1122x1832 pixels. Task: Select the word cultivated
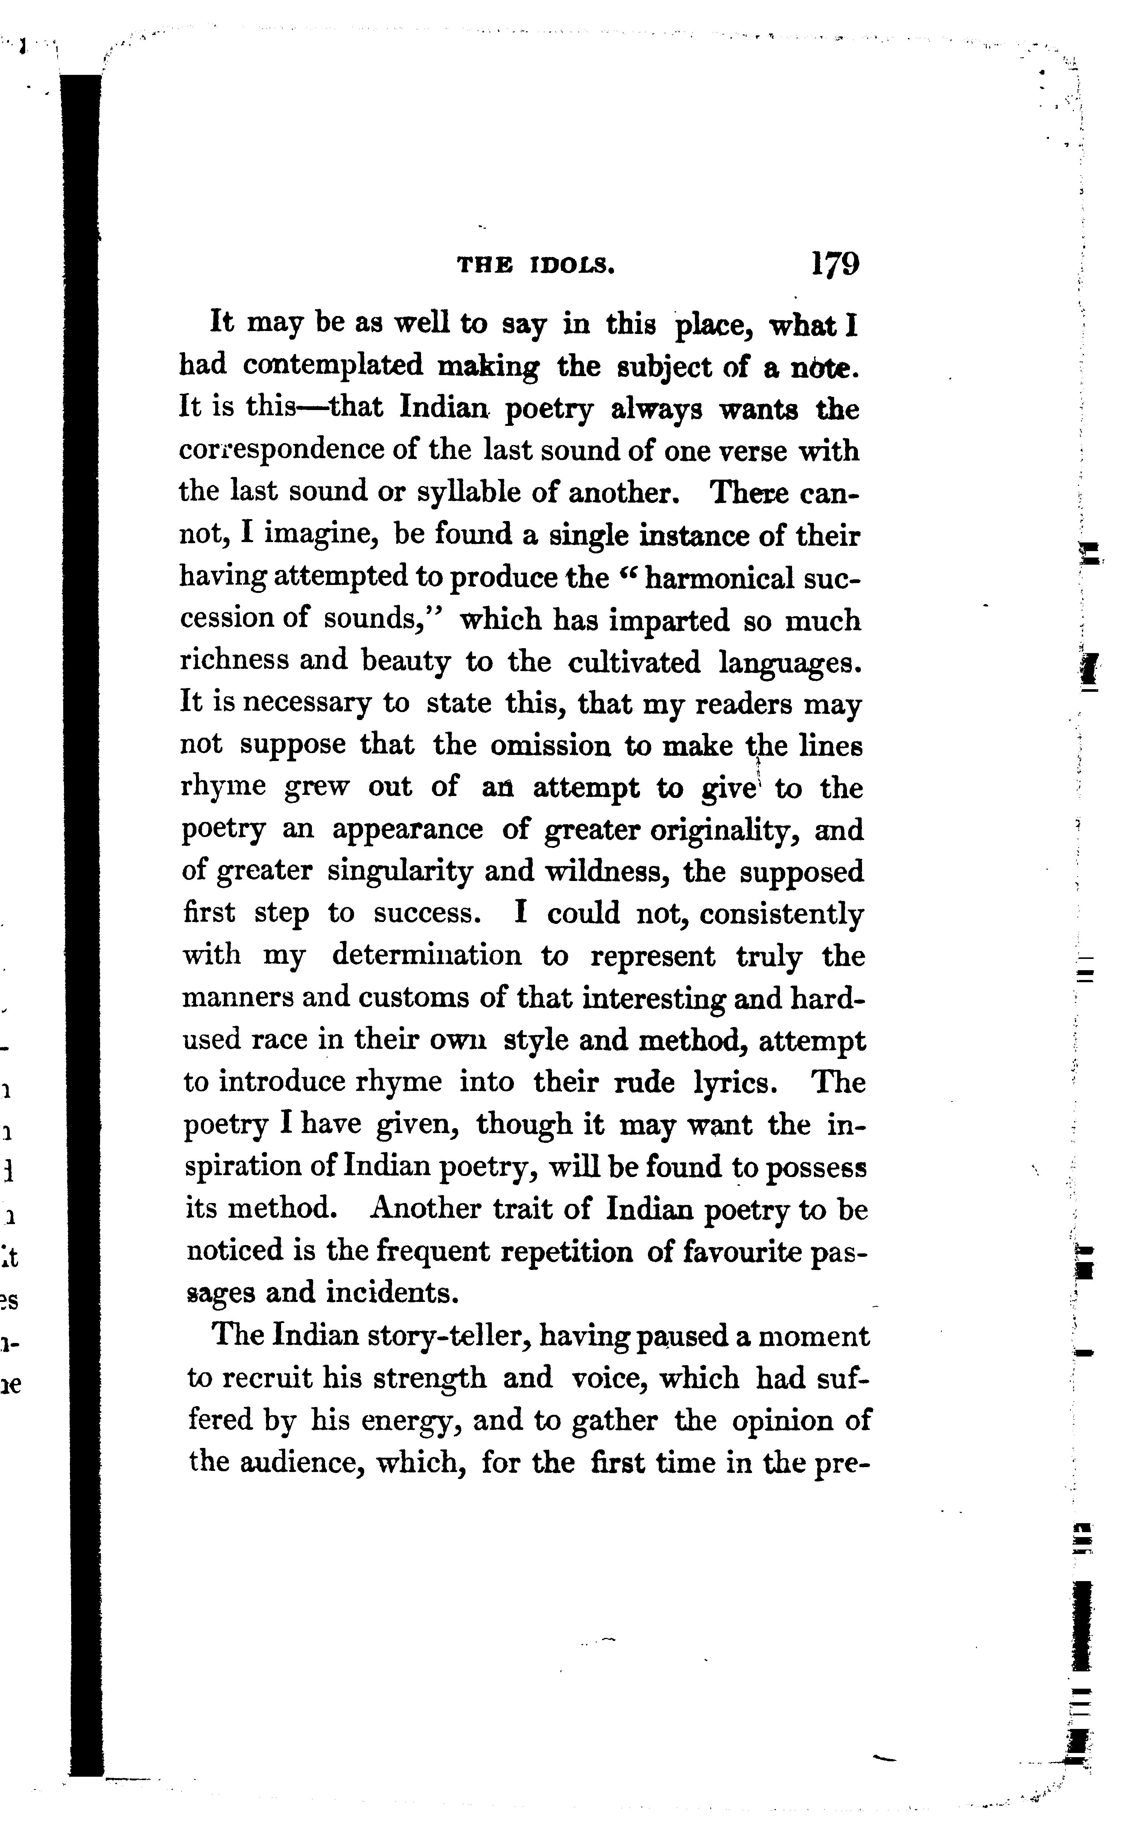[634, 662]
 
